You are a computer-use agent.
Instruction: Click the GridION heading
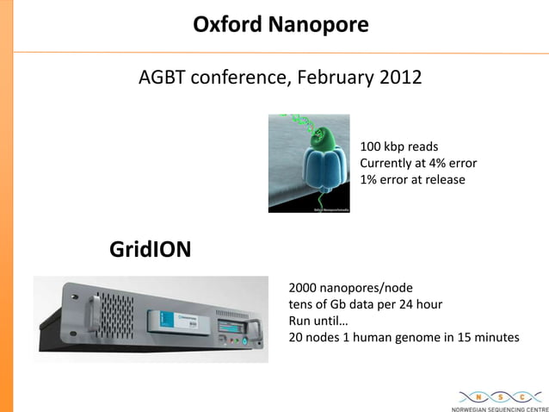(150, 250)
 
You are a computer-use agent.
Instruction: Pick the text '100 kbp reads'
(398, 147)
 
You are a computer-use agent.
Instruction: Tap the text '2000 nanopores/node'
(349, 288)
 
